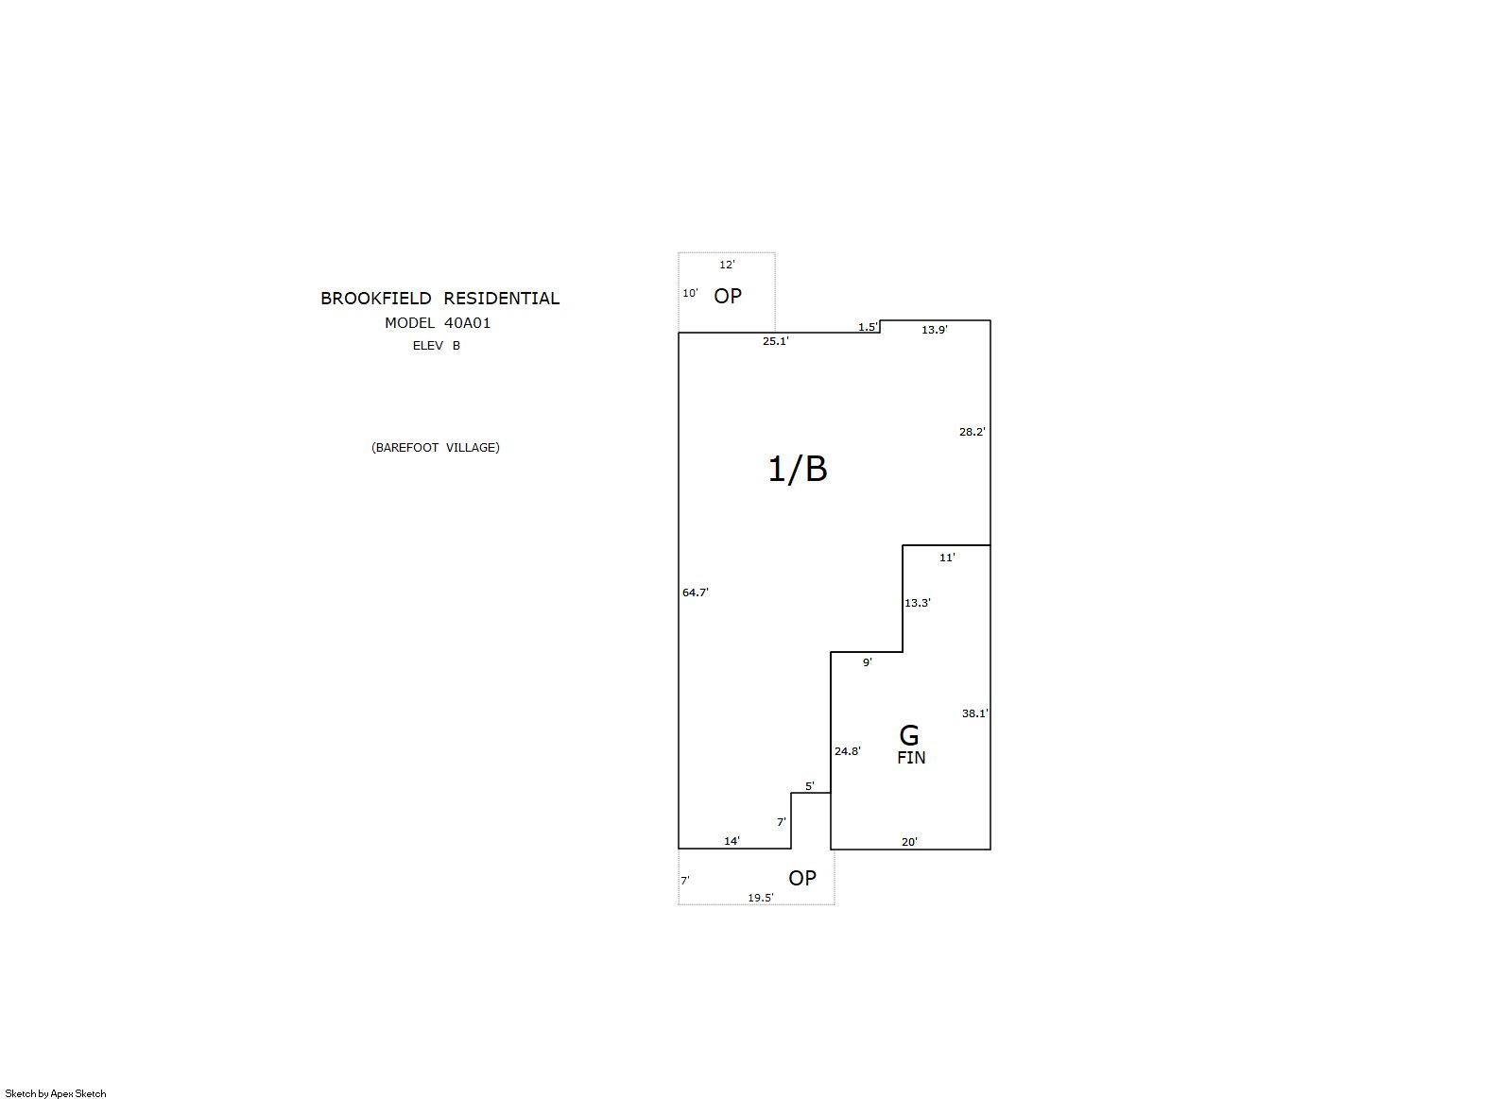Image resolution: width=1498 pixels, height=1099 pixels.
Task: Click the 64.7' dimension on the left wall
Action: (695, 592)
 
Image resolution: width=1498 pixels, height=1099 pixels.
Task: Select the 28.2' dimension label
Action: (972, 432)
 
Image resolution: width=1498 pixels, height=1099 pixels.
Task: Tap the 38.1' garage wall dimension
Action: (974, 713)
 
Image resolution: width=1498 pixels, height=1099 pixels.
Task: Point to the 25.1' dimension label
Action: (776, 341)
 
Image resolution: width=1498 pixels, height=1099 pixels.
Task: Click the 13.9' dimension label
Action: (935, 330)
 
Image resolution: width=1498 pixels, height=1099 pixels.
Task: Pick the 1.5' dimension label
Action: (868, 327)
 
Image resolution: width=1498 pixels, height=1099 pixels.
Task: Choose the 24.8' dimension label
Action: (848, 751)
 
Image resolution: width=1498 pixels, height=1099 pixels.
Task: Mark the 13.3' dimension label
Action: (918, 603)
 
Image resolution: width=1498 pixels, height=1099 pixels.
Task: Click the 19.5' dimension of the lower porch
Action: (761, 898)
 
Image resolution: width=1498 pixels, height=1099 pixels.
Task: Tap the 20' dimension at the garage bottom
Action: (909, 842)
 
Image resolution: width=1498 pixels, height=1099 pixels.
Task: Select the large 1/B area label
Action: (797, 469)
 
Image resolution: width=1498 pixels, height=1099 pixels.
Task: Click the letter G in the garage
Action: (909, 736)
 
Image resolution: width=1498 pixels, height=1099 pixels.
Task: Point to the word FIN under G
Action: (911, 758)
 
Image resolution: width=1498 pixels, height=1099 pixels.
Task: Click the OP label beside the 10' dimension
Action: (728, 296)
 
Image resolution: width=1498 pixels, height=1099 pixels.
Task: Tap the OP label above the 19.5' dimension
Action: (802, 879)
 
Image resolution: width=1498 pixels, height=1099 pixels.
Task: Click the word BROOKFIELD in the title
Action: (376, 299)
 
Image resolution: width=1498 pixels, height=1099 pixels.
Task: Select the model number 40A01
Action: (468, 323)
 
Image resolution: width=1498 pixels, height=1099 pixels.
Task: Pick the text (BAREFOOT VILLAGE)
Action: (436, 448)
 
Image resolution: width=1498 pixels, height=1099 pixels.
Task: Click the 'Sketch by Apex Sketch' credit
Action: (56, 1093)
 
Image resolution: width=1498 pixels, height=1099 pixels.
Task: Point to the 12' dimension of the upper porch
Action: (727, 265)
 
